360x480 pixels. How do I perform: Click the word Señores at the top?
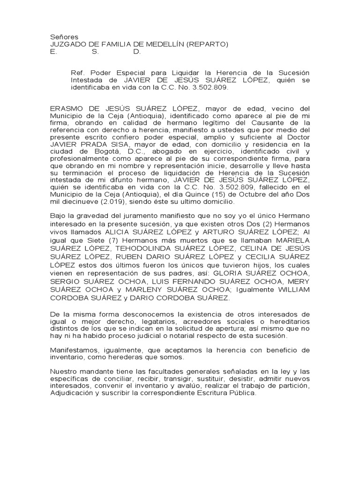pos(64,37)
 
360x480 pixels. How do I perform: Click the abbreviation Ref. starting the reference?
pos(77,73)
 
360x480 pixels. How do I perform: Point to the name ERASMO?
pos(66,109)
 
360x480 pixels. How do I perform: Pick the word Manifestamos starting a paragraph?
pos(75,350)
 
